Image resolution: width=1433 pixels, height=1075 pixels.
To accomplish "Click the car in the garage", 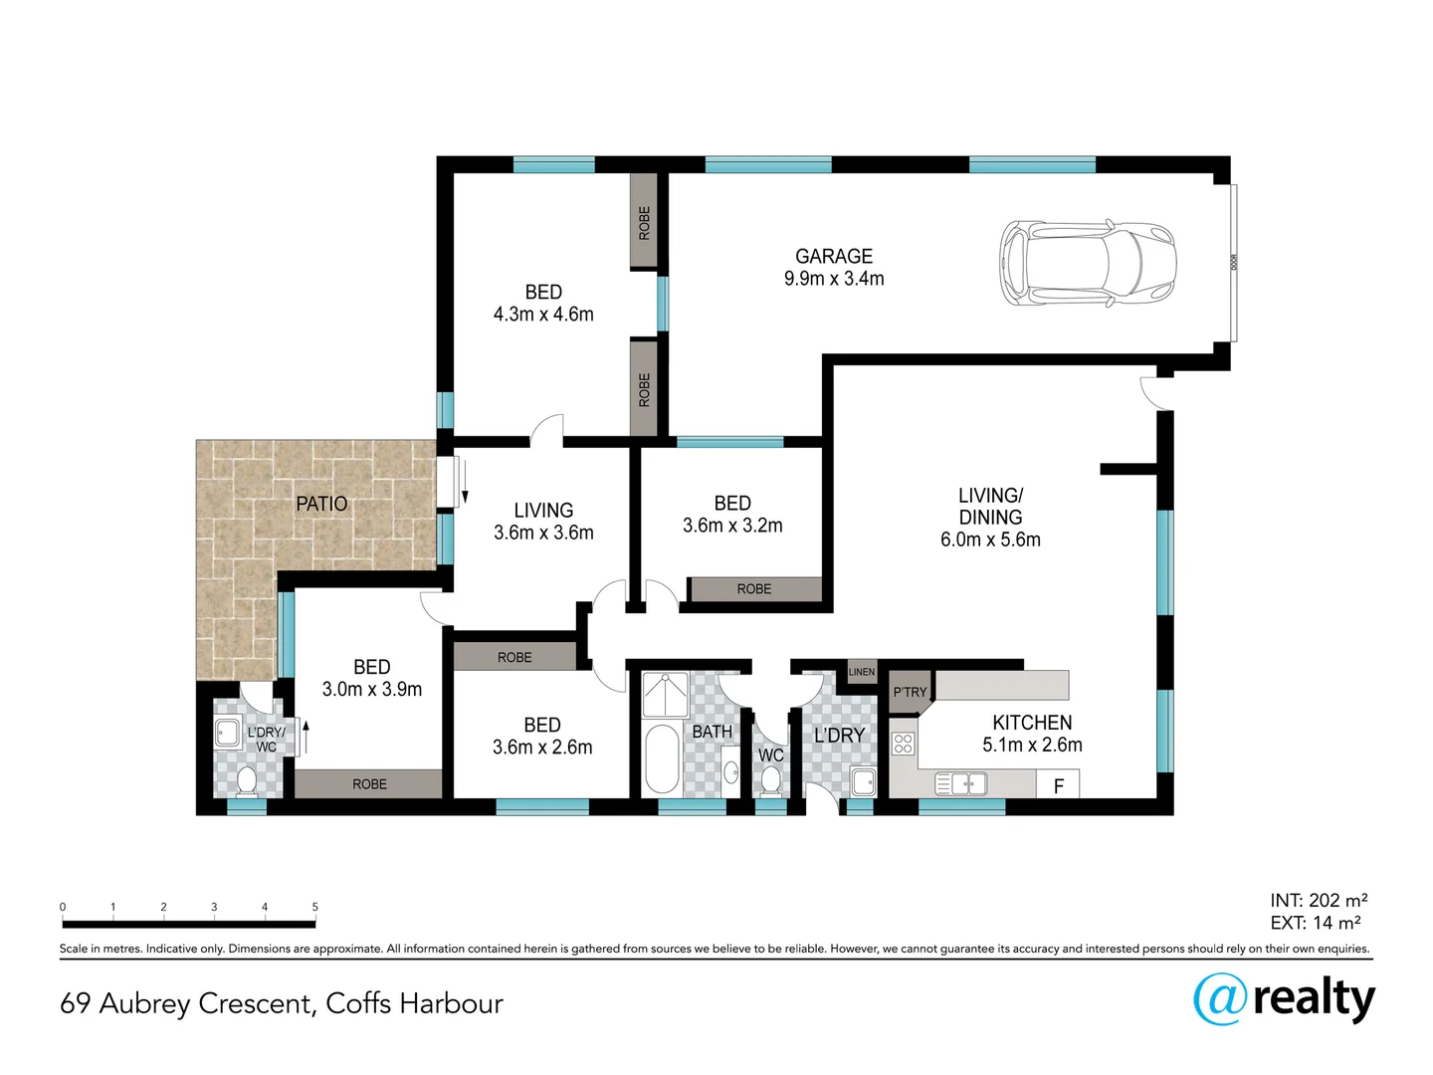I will (x=1088, y=263).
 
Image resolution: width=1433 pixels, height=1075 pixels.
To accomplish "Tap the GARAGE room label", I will (x=834, y=257).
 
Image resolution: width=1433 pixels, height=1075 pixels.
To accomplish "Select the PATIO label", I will (x=321, y=505).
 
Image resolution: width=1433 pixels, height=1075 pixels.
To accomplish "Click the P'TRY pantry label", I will (x=910, y=692).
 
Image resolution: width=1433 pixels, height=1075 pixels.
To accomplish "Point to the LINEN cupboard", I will (x=862, y=672).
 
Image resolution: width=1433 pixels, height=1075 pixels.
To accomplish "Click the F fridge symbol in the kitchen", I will (x=1058, y=785).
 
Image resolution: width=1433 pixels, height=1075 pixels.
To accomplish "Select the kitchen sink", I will (x=961, y=784).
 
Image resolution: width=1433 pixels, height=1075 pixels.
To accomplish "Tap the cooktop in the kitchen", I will (x=904, y=743).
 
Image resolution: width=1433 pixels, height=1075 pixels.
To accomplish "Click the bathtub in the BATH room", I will (x=662, y=758).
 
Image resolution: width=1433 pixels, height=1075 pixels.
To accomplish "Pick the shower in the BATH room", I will (x=665, y=695).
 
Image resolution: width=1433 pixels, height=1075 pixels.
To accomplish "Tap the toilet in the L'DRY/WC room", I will (x=246, y=780).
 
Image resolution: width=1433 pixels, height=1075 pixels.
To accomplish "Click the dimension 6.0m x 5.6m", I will (x=990, y=539).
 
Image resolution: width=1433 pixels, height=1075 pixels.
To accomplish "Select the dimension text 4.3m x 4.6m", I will (x=543, y=315).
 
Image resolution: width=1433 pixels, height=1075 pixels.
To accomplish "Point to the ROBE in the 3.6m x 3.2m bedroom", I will (x=754, y=589).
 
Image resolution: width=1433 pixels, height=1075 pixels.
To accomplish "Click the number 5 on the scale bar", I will (x=314, y=907).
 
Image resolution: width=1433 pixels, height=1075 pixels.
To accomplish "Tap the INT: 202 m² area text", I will (x=1319, y=901).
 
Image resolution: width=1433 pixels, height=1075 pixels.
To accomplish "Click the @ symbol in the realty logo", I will (x=1220, y=998).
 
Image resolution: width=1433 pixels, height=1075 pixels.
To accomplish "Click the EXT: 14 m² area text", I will (x=1316, y=923).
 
